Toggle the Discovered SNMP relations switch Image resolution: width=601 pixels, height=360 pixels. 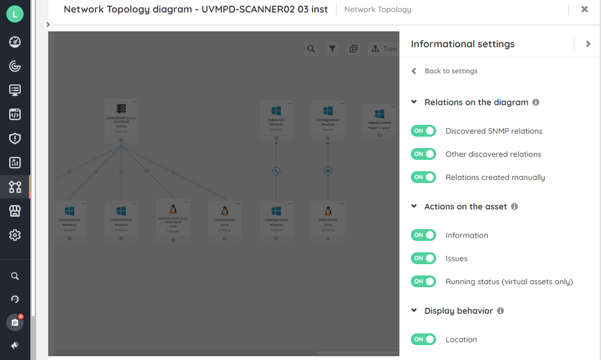tap(423, 131)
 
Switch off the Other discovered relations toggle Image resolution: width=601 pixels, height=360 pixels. tap(423, 154)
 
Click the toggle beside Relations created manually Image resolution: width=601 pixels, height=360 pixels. tap(423, 177)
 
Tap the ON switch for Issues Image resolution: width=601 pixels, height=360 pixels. tap(423, 258)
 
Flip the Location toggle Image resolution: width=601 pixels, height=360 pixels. tap(423, 340)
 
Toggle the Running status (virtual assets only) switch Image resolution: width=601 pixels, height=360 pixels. tap(423, 281)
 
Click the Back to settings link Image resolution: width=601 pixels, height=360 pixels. tap(451, 71)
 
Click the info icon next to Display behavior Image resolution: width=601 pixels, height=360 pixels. tap(501, 311)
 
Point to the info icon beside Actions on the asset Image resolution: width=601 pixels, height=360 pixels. tap(514, 206)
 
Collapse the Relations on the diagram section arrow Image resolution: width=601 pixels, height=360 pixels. tap(414, 102)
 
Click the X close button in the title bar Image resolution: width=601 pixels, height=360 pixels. tap(585, 9)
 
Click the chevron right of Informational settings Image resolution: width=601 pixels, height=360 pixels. tap(588, 44)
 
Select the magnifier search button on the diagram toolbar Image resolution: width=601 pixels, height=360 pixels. tap(311, 49)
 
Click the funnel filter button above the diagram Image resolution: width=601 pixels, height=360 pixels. tap(332, 49)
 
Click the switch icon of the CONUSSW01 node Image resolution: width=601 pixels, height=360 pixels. tap(121, 109)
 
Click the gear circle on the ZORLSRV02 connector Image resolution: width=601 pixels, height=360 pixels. tap(328, 171)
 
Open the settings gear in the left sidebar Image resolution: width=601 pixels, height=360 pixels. tap(15, 235)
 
